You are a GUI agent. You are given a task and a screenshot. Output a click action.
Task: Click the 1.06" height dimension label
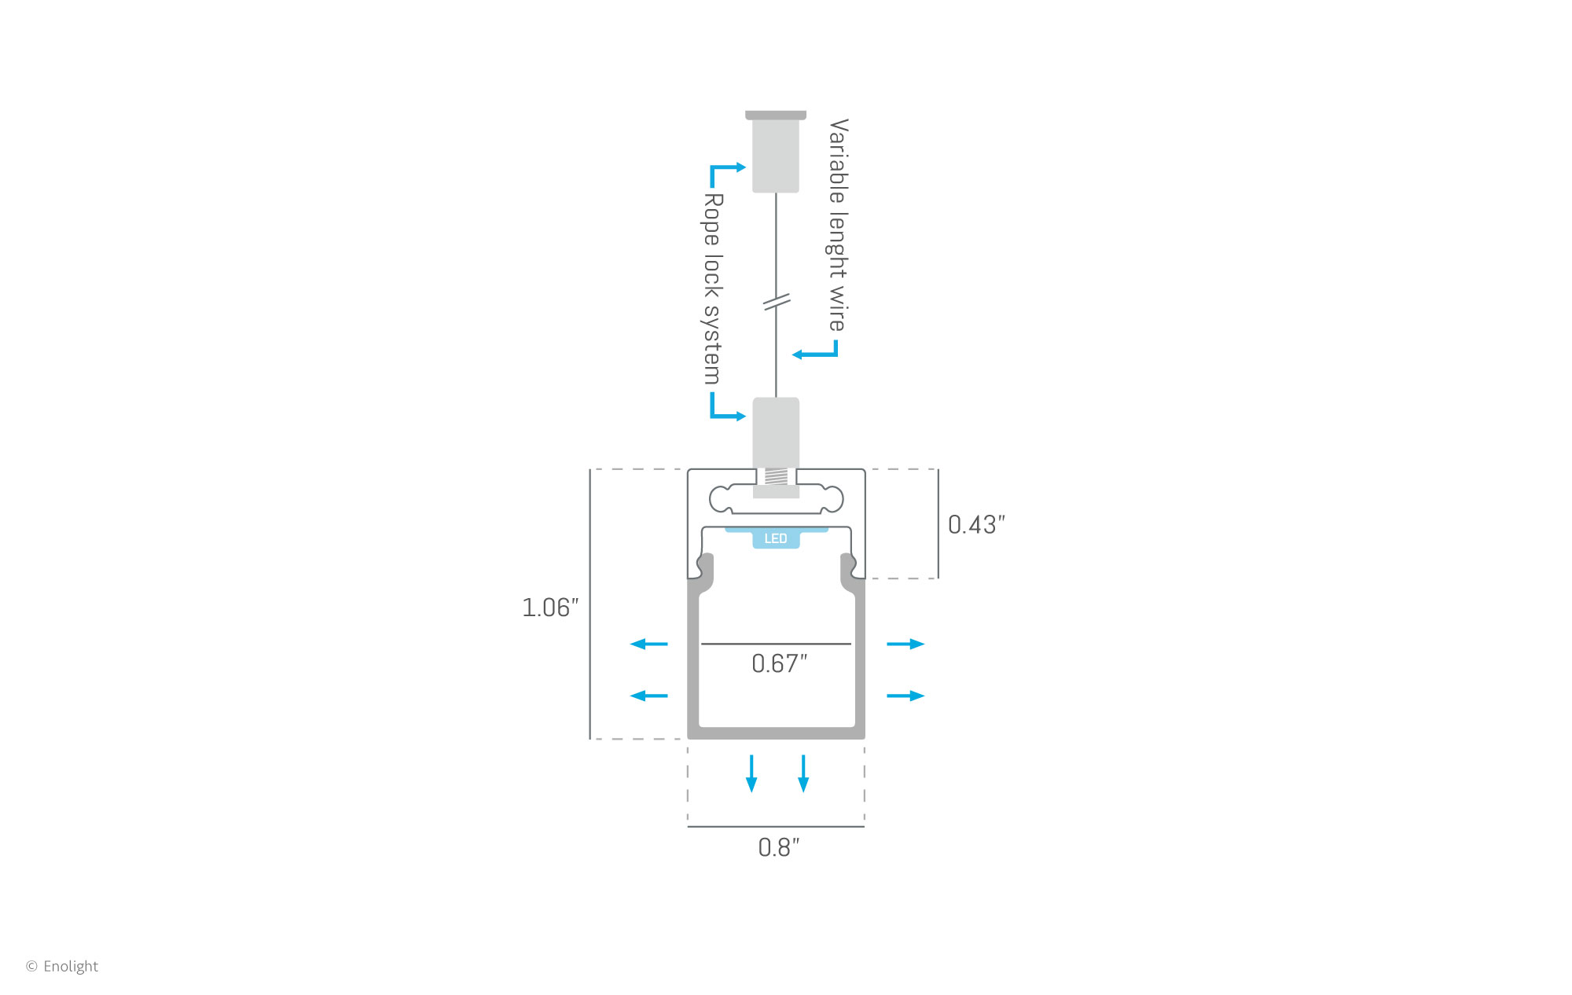(x=550, y=608)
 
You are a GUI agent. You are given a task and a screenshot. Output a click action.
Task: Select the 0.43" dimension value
(x=976, y=525)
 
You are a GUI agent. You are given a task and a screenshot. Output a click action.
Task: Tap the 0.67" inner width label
(x=779, y=664)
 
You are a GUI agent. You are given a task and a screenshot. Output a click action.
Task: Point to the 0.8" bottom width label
(x=778, y=848)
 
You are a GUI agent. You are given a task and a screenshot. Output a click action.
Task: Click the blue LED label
(x=776, y=538)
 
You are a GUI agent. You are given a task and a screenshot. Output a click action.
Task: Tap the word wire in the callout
(x=837, y=308)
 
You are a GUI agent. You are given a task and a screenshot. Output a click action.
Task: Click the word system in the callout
(x=711, y=345)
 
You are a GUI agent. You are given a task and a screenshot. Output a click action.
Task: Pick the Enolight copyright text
(x=62, y=966)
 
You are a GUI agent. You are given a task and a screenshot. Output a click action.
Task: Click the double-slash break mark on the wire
(x=777, y=301)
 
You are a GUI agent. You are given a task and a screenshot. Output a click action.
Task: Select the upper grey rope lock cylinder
(x=776, y=156)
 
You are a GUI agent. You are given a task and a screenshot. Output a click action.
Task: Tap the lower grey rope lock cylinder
(x=776, y=433)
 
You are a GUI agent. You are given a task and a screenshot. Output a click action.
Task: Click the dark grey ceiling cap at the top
(x=776, y=115)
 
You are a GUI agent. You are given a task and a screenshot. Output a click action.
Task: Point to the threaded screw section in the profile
(x=776, y=476)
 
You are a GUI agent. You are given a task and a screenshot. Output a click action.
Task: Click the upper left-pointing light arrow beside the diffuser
(x=649, y=644)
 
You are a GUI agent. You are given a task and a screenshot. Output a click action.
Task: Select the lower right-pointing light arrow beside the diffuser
(x=905, y=696)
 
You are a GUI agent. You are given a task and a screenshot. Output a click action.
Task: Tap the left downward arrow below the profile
(x=751, y=773)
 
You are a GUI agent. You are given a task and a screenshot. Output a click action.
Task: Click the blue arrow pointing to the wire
(x=815, y=348)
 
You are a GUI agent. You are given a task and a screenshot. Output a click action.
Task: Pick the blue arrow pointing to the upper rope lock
(x=727, y=176)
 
